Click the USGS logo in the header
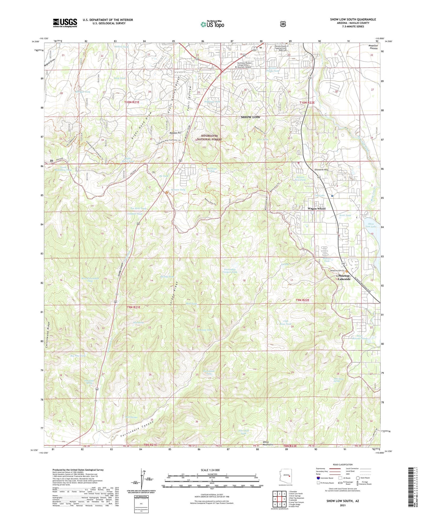pos(65,23)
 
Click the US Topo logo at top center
pos(212,24)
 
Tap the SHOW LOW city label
pos(250,117)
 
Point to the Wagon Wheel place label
pos(316,209)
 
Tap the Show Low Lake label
pos(371,225)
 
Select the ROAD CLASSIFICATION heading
pos(342,465)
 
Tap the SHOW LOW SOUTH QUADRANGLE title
pos(353,20)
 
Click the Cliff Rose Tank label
pos(285,322)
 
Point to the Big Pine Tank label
pos(78,356)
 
